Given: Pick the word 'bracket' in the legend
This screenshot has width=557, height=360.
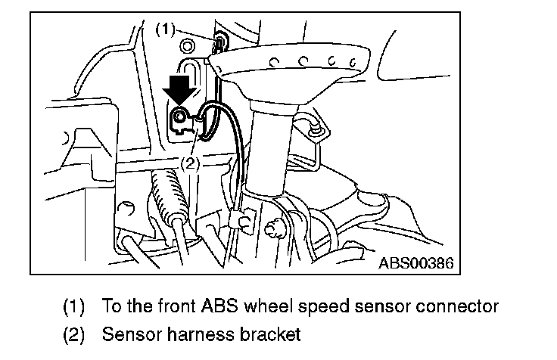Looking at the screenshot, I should click(x=273, y=334).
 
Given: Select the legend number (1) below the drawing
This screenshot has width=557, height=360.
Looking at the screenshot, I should click(x=74, y=307).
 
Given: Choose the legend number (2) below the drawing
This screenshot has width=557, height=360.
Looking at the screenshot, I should click(x=74, y=334).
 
